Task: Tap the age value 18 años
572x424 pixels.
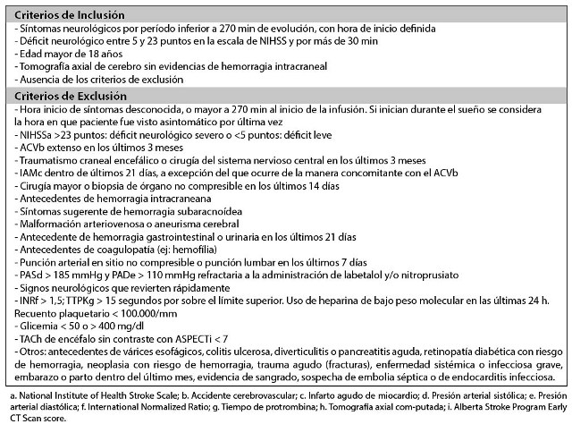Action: coord(92,54)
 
